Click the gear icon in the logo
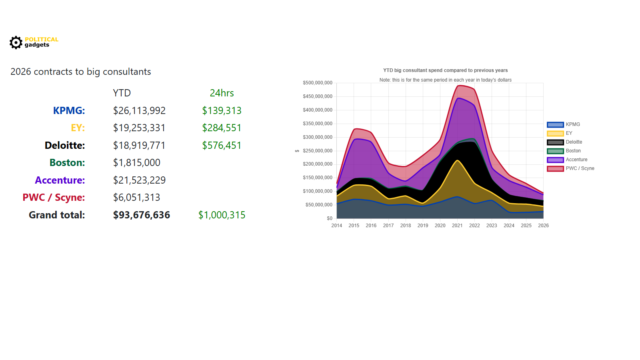pos(16,42)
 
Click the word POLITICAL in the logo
pos(41,39)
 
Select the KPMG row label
pos(69,110)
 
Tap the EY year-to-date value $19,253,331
pos(139,128)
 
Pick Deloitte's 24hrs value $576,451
pos(222,145)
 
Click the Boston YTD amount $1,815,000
pos(136,163)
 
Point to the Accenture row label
pos(60,180)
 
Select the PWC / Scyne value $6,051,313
pos(136,198)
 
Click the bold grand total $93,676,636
pos(141,215)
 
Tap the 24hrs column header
pos(222,93)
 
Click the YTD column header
pos(122,93)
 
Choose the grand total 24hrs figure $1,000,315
pos(222,215)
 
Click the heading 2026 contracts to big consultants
pos(81,72)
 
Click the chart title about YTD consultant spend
pos(445,70)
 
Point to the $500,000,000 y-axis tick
pos(318,83)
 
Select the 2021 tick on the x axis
pos(457,226)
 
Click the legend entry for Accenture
pos(576,160)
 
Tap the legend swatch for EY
pos(555,133)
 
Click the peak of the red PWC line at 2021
pos(459,86)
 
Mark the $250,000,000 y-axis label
pos(318,151)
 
